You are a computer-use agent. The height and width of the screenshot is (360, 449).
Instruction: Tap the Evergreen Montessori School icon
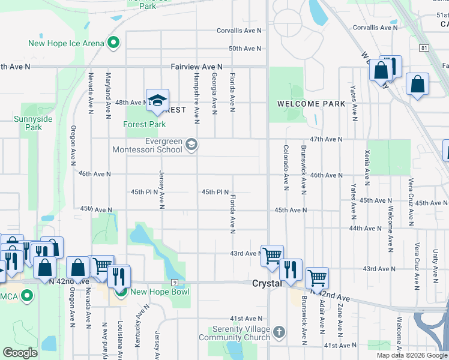tap(191, 144)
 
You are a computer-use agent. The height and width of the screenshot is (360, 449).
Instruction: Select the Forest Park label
tap(144, 125)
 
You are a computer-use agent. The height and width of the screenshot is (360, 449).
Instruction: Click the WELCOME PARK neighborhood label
tap(311, 104)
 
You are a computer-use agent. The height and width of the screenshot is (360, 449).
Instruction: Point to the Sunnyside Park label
tap(34, 123)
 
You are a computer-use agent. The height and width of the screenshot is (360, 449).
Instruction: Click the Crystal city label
tap(267, 283)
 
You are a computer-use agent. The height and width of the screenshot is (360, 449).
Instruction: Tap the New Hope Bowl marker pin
tap(121, 292)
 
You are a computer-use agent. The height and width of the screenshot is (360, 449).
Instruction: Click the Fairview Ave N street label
tap(196, 67)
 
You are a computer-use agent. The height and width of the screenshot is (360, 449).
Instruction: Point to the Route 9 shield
tap(175, 282)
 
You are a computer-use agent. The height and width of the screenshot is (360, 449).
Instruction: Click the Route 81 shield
tap(424, 47)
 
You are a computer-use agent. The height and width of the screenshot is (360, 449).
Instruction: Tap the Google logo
tap(20, 353)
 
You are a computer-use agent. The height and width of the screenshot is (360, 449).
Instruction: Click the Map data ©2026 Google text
tap(412, 355)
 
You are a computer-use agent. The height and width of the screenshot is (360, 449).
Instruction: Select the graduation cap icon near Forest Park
tap(157, 100)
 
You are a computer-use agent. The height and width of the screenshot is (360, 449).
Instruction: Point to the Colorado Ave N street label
tap(286, 168)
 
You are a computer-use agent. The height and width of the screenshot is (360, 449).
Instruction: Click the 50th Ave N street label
tap(246, 49)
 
